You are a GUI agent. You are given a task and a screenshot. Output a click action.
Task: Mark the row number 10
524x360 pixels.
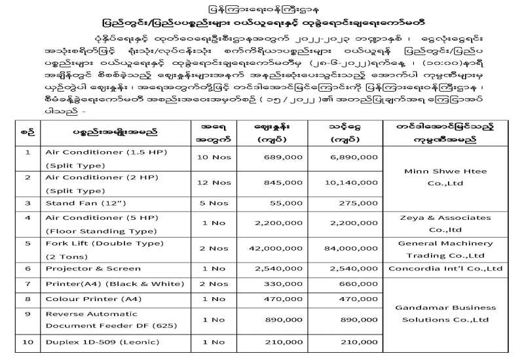coord(28,342)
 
